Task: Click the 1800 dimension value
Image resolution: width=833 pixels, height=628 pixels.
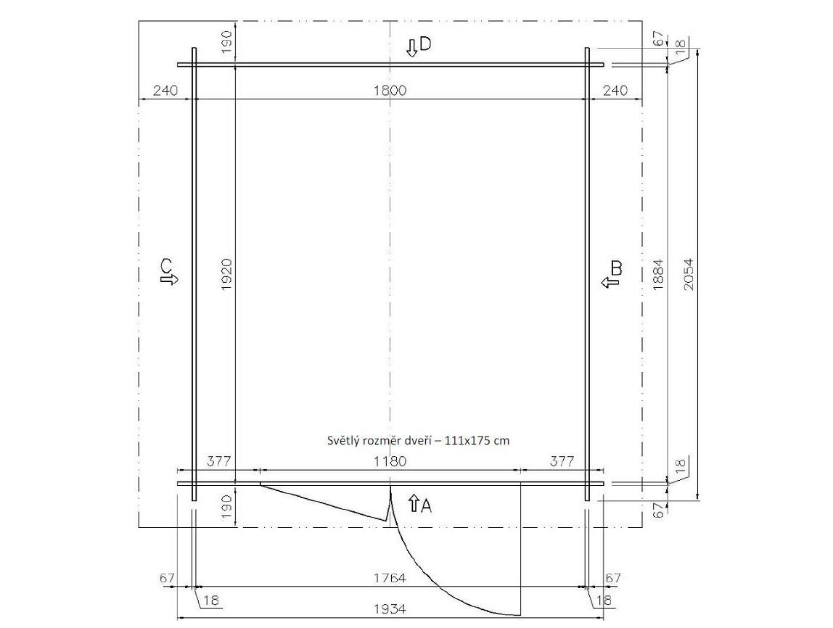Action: pos(390,90)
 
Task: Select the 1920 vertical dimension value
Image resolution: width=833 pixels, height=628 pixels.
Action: pos(226,274)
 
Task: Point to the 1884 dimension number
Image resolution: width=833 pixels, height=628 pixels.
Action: pos(658,274)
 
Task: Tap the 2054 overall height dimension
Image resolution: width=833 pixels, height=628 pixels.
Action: pos(689,274)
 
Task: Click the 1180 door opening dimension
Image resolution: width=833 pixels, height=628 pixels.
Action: pos(390,460)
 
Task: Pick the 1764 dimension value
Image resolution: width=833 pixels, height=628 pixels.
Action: pos(390,577)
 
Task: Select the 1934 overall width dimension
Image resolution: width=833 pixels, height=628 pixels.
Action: pos(390,609)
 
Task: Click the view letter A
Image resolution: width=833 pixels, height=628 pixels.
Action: pos(426,506)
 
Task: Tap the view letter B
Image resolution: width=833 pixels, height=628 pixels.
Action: pos(616,268)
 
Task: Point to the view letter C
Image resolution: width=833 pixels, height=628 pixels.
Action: pos(167,265)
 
